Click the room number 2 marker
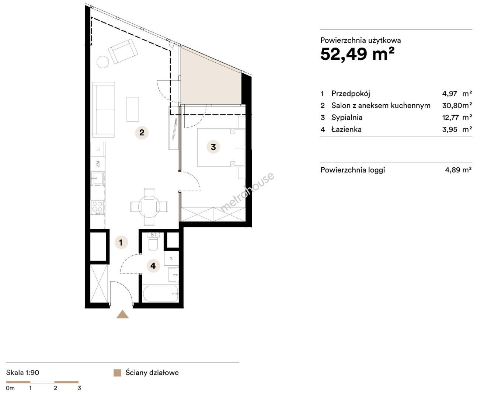click(x=142, y=133)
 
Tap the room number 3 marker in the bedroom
click(x=213, y=147)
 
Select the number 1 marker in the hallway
click(x=121, y=242)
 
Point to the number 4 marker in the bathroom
click(x=153, y=266)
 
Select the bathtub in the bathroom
click(x=160, y=294)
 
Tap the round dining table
click(x=149, y=207)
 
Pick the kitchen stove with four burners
click(x=98, y=207)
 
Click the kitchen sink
click(x=98, y=178)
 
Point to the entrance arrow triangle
click(x=122, y=314)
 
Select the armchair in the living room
click(x=123, y=51)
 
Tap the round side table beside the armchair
click(x=103, y=62)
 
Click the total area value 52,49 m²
click(x=357, y=55)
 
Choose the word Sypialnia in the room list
click(x=347, y=118)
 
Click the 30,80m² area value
click(x=457, y=105)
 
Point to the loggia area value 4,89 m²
click(x=459, y=170)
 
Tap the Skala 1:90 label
click(x=23, y=373)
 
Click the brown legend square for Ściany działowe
click(x=117, y=373)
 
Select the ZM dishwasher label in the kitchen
click(x=98, y=164)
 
